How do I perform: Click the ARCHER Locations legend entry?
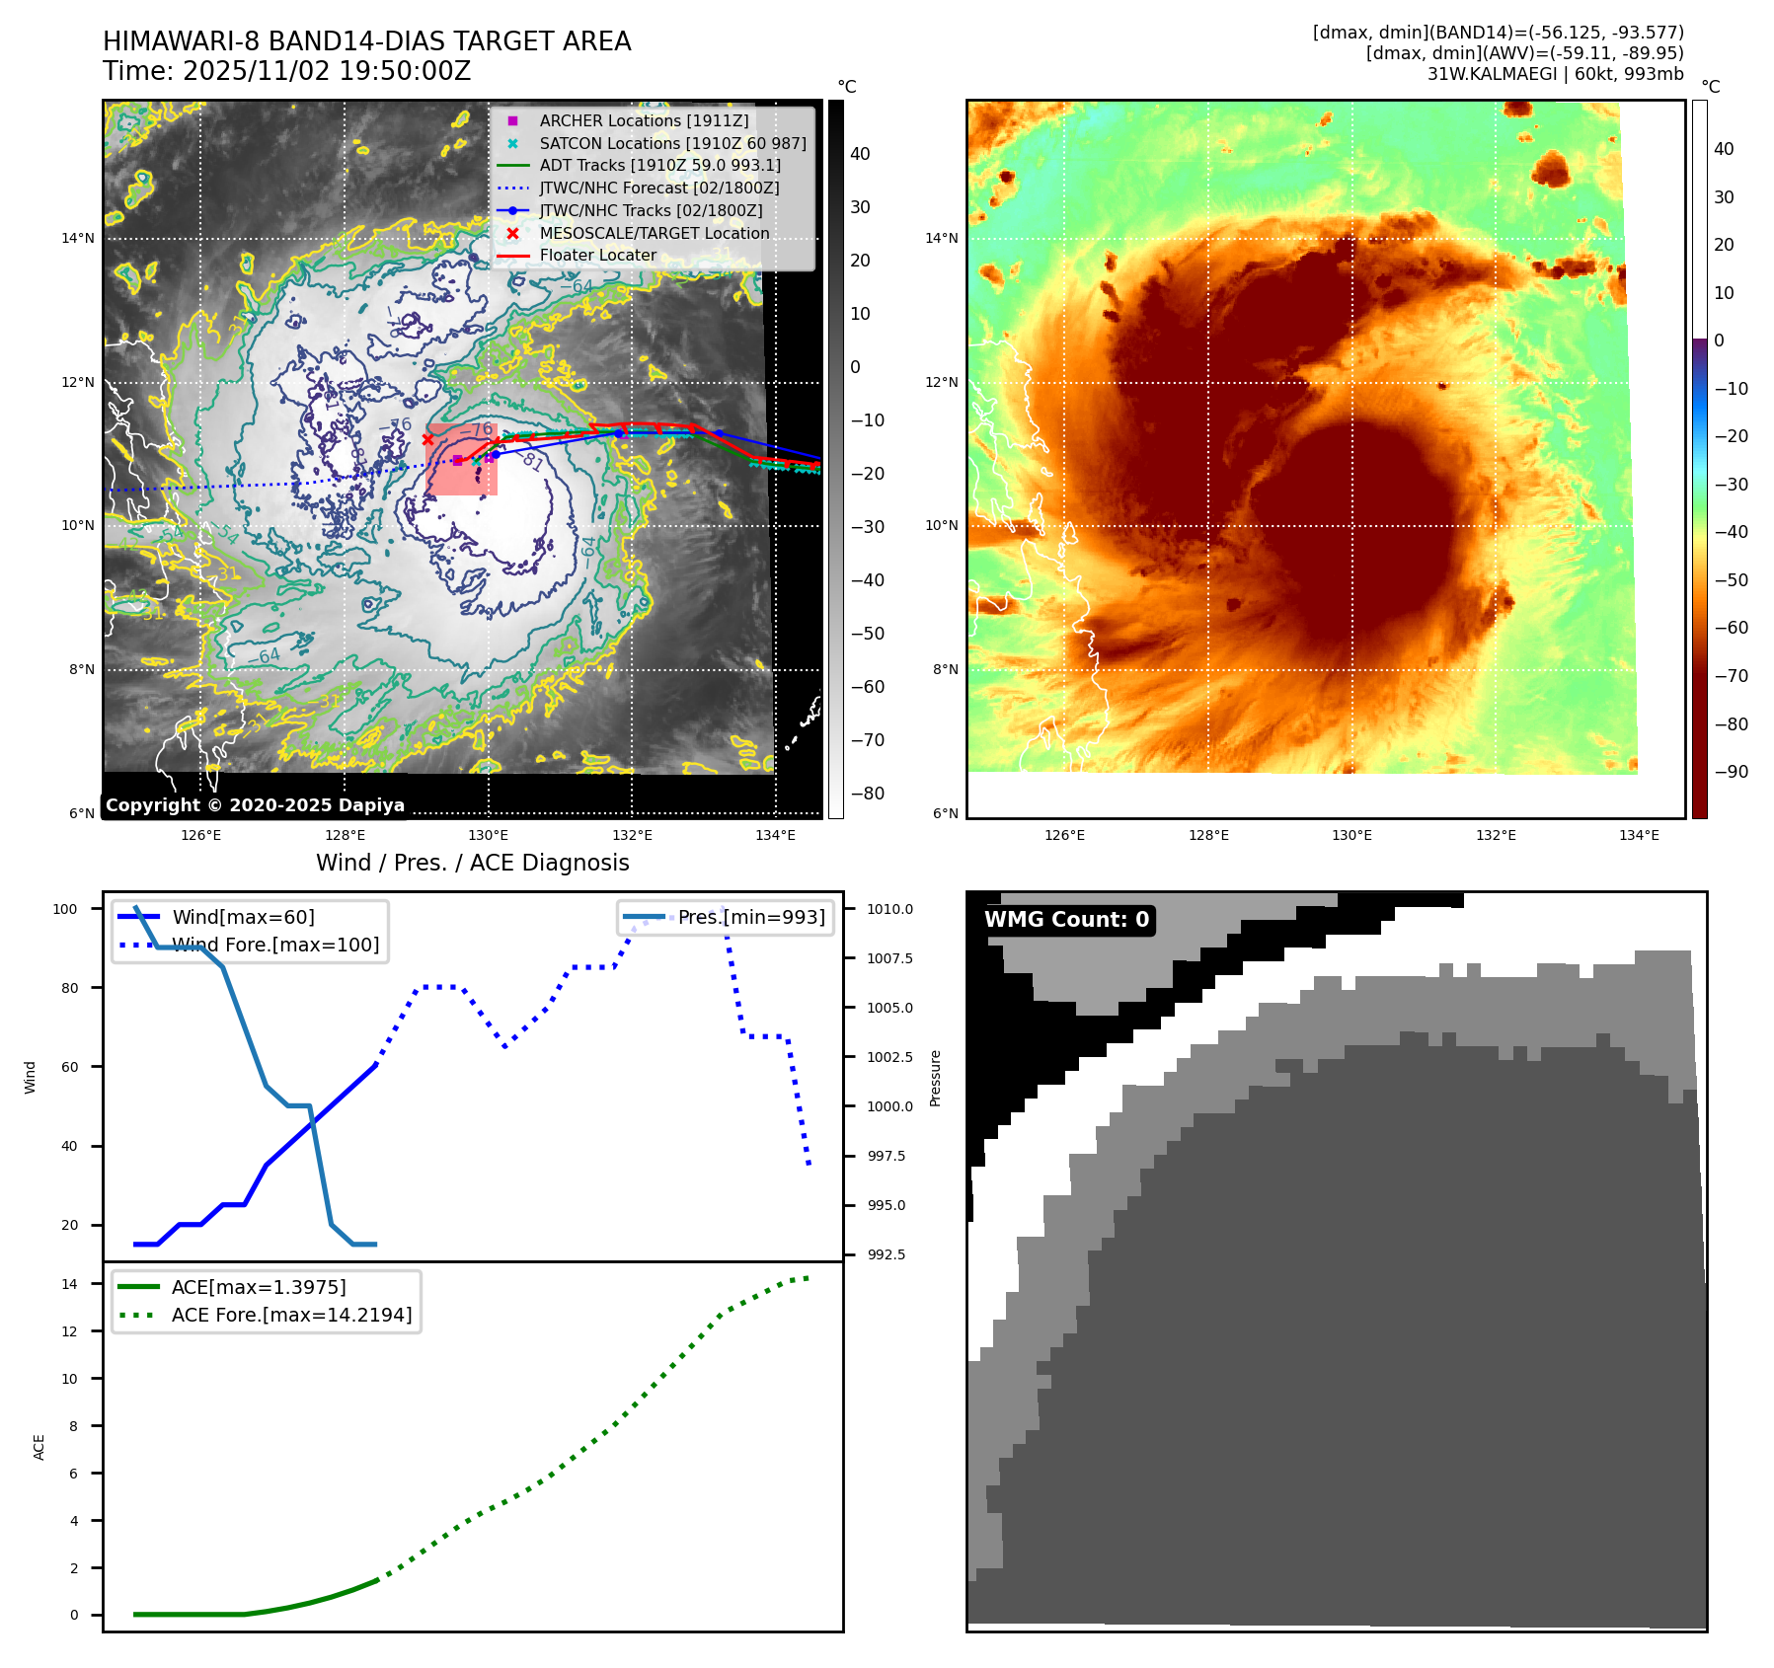coord(644,120)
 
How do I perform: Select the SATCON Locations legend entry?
coord(672,143)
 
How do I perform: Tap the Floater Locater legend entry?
coord(597,255)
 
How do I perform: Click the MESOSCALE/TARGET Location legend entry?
coord(654,233)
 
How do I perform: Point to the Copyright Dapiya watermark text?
coord(255,805)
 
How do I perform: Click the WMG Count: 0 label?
coord(1066,920)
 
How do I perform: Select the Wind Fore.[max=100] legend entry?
coord(275,945)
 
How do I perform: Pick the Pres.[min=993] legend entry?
coord(751,917)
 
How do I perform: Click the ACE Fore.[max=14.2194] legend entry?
coord(291,1315)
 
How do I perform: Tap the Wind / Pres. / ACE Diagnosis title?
coord(472,863)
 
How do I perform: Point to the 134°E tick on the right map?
coord(1639,836)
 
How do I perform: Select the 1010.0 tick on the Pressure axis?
coord(889,909)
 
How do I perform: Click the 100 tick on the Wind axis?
coord(65,909)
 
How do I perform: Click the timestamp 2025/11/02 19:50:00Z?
coord(327,72)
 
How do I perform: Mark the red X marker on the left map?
coord(427,439)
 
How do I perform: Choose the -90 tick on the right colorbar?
coord(1731,772)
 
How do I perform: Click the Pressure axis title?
coord(935,1078)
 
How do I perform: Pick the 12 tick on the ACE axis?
coord(69,1331)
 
